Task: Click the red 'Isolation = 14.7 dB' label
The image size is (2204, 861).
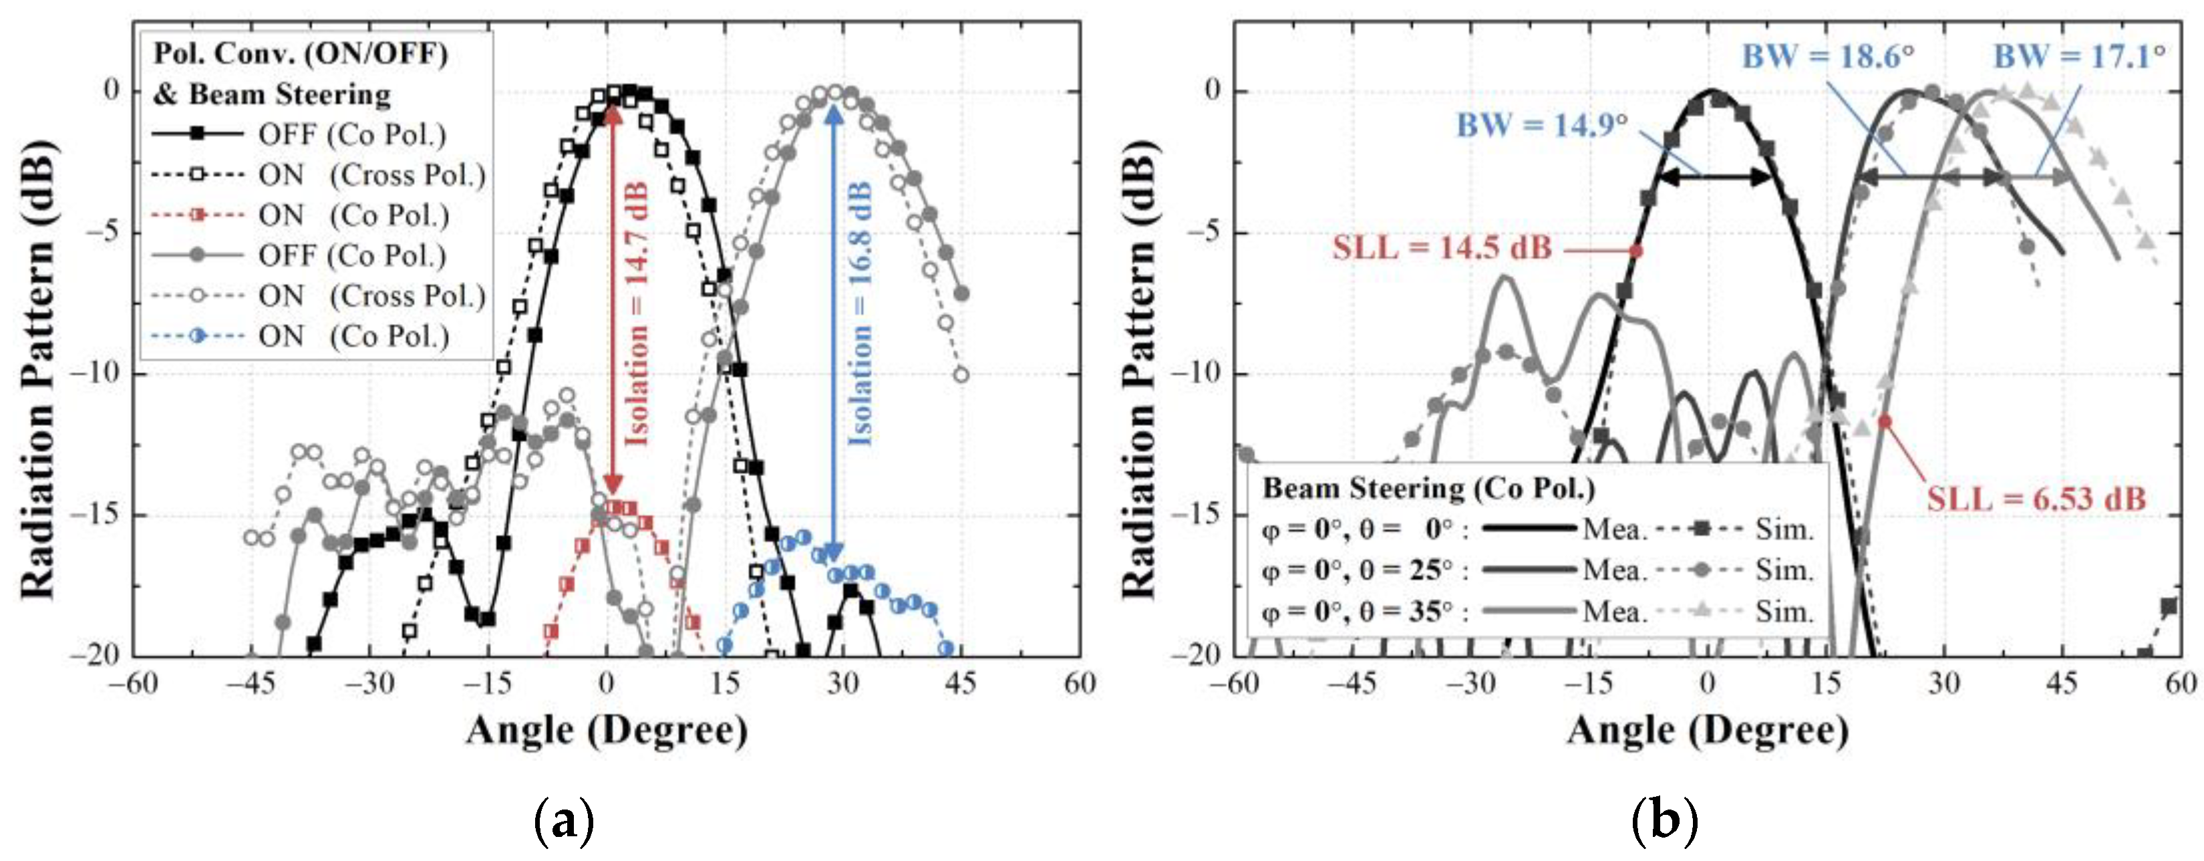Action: click(637, 314)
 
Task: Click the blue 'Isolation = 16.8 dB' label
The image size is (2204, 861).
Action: click(860, 314)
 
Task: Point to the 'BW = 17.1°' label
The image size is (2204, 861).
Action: click(2080, 57)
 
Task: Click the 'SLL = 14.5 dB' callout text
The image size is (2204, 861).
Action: click(1442, 248)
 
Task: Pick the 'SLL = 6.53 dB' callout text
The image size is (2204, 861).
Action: click(2036, 499)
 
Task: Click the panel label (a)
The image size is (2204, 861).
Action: click(564, 821)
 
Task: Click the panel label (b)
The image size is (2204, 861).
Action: click(1664, 821)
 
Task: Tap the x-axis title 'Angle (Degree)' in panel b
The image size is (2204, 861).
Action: click(1708, 730)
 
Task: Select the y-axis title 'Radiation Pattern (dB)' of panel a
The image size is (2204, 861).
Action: click(39, 370)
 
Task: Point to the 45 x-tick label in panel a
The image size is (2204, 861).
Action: click(961, 683)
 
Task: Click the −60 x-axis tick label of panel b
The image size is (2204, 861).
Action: click(1235, 683)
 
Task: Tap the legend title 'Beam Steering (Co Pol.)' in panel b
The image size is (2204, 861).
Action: click(1429, 489)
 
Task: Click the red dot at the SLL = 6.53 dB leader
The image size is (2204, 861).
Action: click(1885, 420)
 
